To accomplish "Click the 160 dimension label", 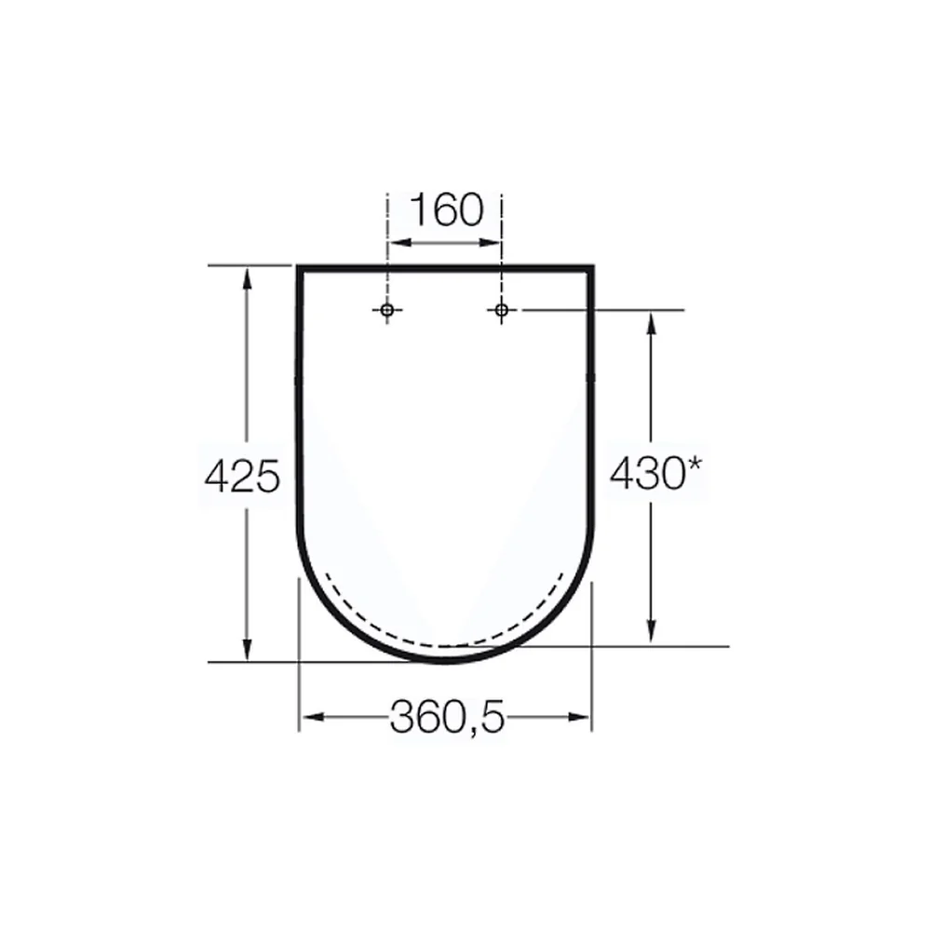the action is (x=447, y=209).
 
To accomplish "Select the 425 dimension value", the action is (x=242, y=476).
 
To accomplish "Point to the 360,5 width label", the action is (x=447, y=717).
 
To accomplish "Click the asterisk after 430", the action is (x=695, y=466).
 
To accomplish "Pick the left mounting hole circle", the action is (x=387, y=309).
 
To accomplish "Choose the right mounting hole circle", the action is (x=502, y=309).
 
